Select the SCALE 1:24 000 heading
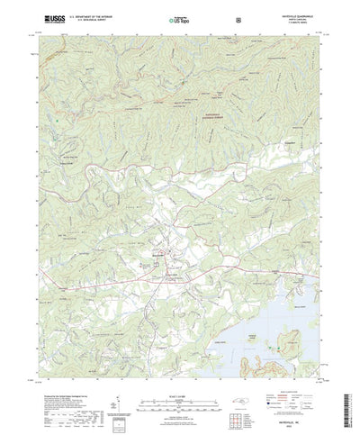point(179,368)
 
